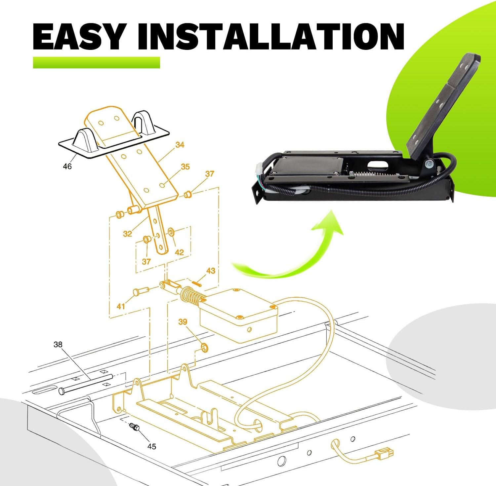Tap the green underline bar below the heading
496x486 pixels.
pyautogui.click(x=97, y=63)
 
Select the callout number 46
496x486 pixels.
pyautogui.click(x=67, y=166)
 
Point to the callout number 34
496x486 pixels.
pyautogui.click(x=180, y=145)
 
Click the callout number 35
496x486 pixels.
pyautogui.click(x=185, y=167)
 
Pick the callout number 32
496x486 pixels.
pyautogui.click(x=127, y=234)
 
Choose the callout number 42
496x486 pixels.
pyautogui.click(x=179, y=252)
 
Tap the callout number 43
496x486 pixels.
pyautogui.click(x=211, y=271)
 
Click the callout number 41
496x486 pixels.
pyautogui.click(x=121, y=306)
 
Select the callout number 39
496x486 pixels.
pyautogui.click(x=183, y=322)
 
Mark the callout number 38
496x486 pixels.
pyautogui.click(x=58, y=345)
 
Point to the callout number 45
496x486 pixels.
pyautogui.click(x=151, y=447)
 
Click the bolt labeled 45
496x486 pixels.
pyautogui.click(x=135, y=427)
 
